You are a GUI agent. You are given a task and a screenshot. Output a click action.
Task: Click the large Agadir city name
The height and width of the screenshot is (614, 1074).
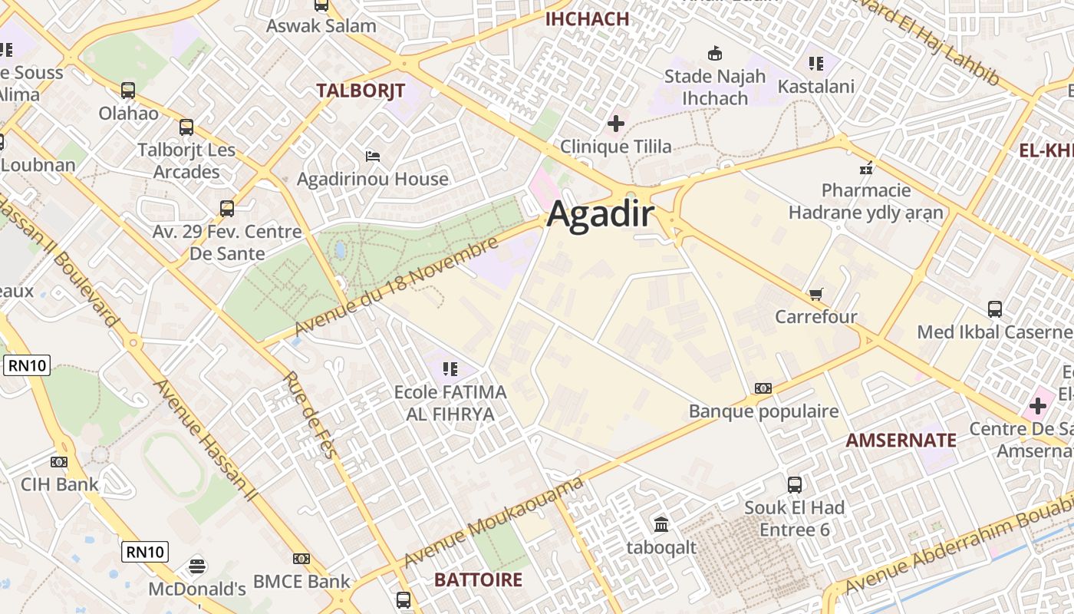click(601, 215)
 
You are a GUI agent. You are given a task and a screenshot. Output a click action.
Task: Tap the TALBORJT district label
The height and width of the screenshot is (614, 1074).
click(361, 91)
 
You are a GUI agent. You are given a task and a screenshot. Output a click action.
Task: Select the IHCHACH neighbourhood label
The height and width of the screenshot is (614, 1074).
click(587, 19)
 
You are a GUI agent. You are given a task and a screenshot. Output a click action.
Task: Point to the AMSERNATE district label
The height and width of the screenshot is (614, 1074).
click(901, 441)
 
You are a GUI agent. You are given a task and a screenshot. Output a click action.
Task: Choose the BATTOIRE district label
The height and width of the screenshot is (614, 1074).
click(478, 579)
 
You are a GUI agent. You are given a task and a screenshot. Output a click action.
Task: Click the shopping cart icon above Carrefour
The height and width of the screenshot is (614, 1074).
click(815, 294)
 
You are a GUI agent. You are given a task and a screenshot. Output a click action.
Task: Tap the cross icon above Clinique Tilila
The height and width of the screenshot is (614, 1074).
click(615, 123)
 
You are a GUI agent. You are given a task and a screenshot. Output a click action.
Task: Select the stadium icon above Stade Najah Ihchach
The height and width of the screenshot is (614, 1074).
click(715, 53)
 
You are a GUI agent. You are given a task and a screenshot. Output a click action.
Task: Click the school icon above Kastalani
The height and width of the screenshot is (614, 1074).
click(815, 63)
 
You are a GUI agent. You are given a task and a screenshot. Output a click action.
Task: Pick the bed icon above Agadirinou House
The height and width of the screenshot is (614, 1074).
click(373, 157)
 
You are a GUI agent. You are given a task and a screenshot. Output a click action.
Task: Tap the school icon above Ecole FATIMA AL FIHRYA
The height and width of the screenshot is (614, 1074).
click(450, 369)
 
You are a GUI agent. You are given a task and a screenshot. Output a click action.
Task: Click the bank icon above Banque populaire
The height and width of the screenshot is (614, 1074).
click(763, 388)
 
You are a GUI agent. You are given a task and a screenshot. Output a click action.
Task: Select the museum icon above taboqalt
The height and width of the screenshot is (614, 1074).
click(661, 524)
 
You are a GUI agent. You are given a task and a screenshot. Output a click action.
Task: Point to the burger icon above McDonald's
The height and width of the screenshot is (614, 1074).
click(197, 566)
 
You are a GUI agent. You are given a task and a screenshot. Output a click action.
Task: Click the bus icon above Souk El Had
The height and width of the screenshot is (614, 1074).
click(795, 485)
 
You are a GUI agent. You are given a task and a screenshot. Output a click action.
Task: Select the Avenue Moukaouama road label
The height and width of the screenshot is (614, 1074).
click(495, 522)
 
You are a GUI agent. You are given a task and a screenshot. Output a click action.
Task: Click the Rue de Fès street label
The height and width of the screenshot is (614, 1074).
click(309, 415)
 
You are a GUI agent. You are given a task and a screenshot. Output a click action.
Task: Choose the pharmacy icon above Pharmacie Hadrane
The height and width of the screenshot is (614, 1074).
click(866, 168)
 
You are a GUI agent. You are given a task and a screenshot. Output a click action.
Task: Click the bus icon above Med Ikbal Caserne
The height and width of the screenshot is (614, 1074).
click(995, 309)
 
